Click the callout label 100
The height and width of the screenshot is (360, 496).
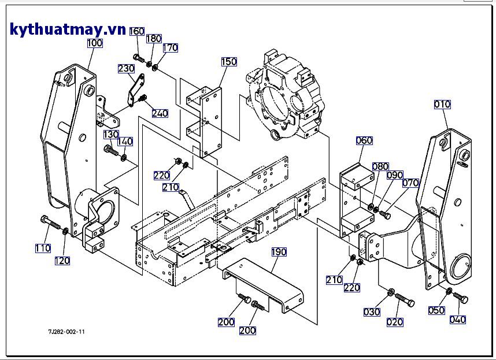coord(95,43)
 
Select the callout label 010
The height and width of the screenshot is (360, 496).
coord(442,105)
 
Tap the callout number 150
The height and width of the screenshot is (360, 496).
coord(229,62)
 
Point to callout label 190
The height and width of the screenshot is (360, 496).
coord(279,252)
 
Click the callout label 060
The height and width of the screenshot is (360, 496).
coord(364,140)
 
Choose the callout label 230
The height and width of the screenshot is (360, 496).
coord(126,68)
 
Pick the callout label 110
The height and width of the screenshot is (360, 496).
coord(43,248)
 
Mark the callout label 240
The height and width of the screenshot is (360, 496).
coord(160,113)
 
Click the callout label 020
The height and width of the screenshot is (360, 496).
coord(395,322)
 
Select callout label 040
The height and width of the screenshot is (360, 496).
coord(457,320)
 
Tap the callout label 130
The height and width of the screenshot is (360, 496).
coord(111,135)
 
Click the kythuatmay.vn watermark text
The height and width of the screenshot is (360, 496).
coord(68,29)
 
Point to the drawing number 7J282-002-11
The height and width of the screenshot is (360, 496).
coord(66,332)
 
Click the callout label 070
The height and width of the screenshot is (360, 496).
coord(410,183)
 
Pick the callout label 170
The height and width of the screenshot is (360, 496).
coord(170,48)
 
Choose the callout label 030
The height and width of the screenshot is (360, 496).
coord(372,312)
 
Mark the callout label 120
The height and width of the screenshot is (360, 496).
coord(62,261)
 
